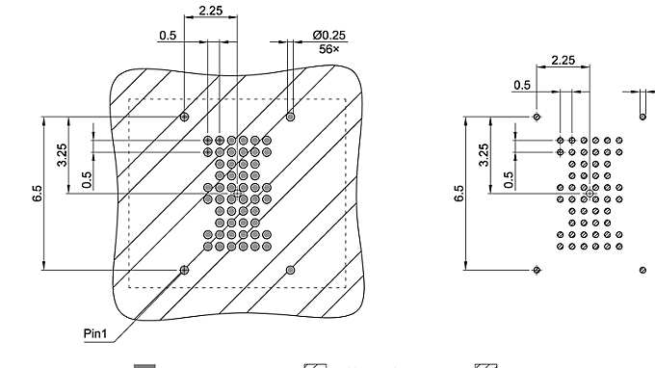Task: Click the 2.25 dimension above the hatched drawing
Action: click(x=211, y=11)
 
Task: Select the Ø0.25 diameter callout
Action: click(x=328, y=35)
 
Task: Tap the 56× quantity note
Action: click(x=329, y=47)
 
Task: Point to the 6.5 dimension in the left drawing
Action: click(x=37, y=194)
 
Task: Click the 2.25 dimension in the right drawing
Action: click(x=564, y=61)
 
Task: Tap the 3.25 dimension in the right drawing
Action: click(x=484, y=155)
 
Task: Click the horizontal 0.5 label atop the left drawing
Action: click(x=168, y=36)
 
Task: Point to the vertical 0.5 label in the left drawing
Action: click(x=88, y=179)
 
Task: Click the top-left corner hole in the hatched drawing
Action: click(x=184, y=117)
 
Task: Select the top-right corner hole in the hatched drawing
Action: click(x=291, y=117)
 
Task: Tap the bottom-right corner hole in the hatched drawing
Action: click(x=291, y=270)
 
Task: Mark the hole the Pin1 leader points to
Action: click(x=184, y=270)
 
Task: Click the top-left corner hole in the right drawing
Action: click(x=537, y=117)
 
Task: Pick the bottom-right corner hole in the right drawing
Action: click(x=642, y=271)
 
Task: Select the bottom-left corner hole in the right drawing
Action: click(x=537, y=271)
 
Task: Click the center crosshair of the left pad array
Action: click(x=237, y=194)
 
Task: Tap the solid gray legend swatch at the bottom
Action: click(x=144, y=365)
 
